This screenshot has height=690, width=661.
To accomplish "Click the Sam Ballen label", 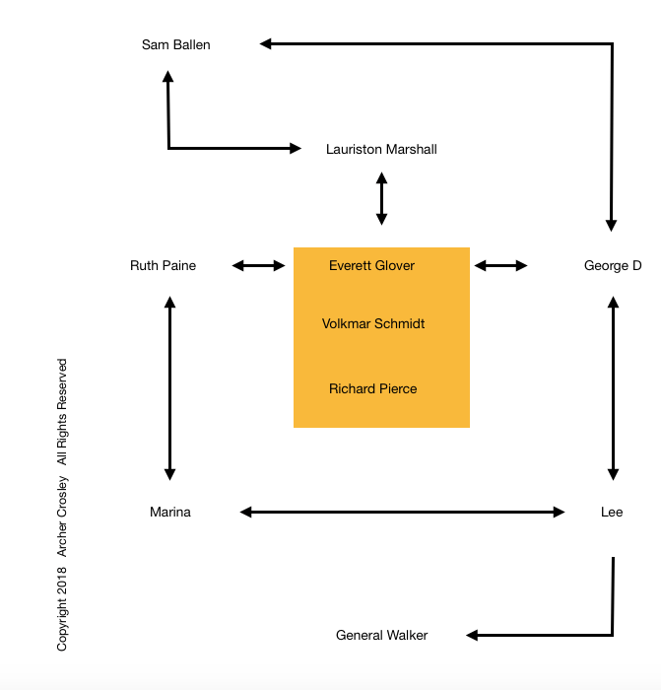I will click(175, 44).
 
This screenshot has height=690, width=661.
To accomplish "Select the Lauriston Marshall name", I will click(381, 150).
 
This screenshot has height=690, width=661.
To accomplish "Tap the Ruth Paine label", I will click(163, 265).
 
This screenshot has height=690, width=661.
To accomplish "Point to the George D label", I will click(613, 265).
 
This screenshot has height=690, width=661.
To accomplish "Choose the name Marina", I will click(170, 512).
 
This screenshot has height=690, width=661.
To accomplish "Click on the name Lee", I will click(612, 512).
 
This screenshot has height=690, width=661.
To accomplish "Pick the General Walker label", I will click(381, 635).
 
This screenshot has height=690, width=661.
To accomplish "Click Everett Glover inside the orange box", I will click(371, 265).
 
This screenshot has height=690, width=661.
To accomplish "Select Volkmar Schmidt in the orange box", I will click(373, 323).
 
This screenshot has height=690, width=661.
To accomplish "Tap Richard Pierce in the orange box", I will click(372, 388).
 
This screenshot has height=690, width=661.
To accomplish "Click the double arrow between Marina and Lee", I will click(403, 512).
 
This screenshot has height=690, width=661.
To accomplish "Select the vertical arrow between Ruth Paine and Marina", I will click(170, 388).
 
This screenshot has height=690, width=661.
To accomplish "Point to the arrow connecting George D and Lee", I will click(614, 388).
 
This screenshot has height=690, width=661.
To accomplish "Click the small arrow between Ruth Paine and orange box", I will click(259, 265).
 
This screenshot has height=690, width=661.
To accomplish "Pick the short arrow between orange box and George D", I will click(501, 265).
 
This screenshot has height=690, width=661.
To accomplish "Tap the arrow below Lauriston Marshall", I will click(381, 198).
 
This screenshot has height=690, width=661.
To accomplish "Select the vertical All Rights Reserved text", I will click(62, 412).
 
